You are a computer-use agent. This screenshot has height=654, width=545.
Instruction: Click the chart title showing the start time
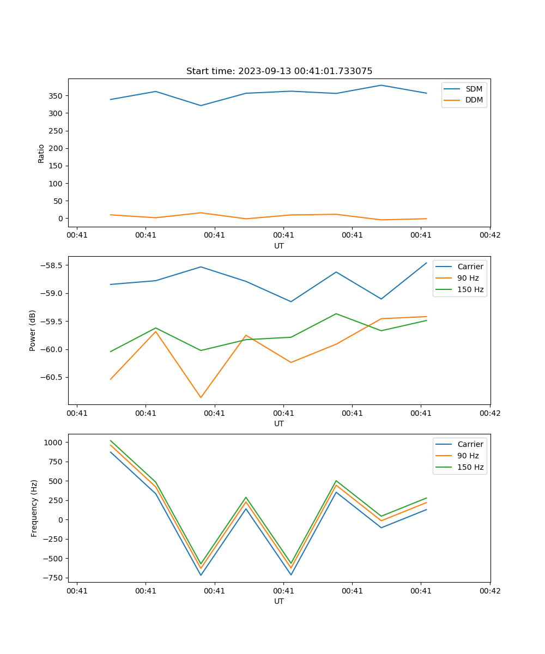click(279, 71)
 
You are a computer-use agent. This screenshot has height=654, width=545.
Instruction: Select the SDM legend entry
click(474, 89)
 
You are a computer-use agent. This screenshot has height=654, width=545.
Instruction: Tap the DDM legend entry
click(474, 100)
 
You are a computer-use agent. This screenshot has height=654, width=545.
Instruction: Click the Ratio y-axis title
click(41, 153)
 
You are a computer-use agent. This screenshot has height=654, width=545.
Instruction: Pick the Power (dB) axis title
click(33, 330)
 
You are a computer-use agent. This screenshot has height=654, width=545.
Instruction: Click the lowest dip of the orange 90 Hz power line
click(201, 397)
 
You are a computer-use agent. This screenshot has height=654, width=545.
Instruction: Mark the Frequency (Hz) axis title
click(34, 508)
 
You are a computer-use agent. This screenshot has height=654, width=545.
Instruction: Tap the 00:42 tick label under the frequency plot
click(489, 590)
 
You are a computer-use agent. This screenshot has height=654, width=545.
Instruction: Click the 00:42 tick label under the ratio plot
click(489, 235)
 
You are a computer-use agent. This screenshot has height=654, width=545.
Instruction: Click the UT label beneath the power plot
click(279, 423)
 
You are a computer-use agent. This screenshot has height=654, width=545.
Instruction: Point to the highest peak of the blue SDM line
click(381, 85)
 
